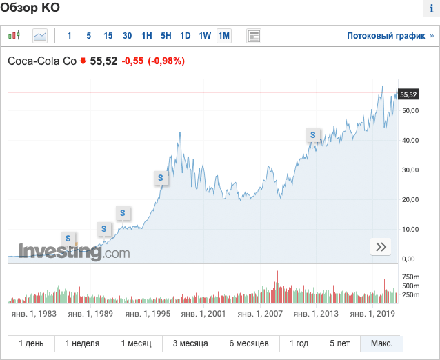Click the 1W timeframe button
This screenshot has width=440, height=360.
pyautogui.click(x=205, y=36)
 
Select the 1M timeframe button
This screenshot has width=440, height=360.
pyautogui.click(x=224, y=36)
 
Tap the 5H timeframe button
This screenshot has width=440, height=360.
pyautogui.click(x=166, y=36)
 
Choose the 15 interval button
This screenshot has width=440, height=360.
pyautogui.click(x=108, y=36)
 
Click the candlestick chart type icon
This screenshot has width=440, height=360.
pyautogui.click(x=15, y=36)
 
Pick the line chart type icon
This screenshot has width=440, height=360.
pyautogui.click(x=40, y=36)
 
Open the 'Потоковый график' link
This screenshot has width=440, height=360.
pyautogui.click(x=386, y=36)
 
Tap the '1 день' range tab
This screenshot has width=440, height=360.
pyautogui.click(x=31, y=343)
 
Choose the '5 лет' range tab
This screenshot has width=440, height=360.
pyautogui.click(x=339, y=343)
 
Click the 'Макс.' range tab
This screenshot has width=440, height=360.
pyautogui.click(x=381, y=343)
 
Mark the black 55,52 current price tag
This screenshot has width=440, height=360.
pyautogui.click(x=409, y=94)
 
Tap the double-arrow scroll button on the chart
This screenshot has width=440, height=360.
pyautogui.click(x=381, y=247)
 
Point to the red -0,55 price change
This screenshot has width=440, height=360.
pyautogui.click(x=132, y=61)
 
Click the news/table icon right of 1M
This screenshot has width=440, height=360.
pyautogui.click(x=253, y=36)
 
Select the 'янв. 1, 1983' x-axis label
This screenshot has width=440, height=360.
pyautogui.click(x=34, y=314)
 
